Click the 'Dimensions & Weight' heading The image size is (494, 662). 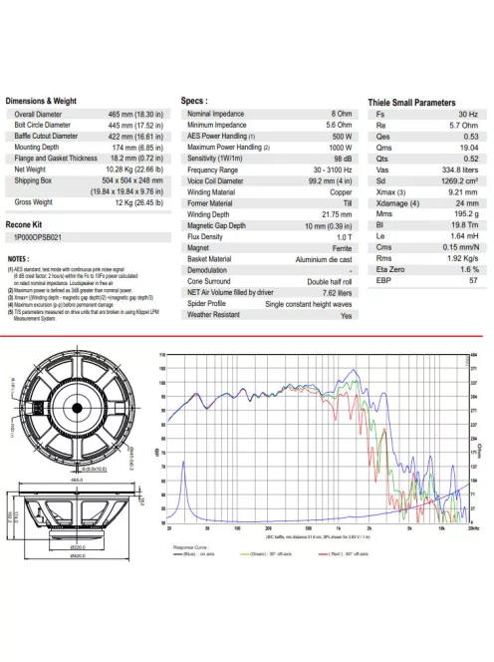[x=41, y=101]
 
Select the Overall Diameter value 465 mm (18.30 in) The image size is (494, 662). [x=140, y=115]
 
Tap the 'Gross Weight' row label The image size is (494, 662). [x=35, y=202]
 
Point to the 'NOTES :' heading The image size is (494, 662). [x=19, y=258]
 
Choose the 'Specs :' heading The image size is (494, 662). [x=194, y=101]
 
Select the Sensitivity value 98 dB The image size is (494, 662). [x=344, y=159]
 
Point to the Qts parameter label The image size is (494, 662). [x=381, y=159]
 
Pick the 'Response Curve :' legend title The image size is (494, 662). [x=190, y=546]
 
